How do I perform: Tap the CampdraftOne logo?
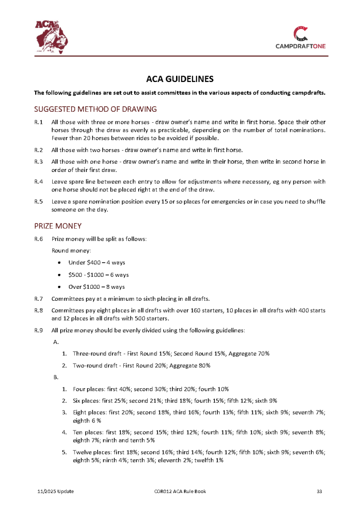301,38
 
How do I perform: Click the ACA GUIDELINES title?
180,79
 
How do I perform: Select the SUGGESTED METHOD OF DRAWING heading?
95,109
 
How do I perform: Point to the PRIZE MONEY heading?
58,226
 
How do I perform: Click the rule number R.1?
38,122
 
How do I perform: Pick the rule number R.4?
38,181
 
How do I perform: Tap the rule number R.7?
38,299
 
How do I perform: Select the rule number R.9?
38,330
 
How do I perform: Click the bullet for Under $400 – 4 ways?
60,262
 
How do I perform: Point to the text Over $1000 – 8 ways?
96,287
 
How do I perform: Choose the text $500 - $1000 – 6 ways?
98,274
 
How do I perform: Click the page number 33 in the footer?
320,492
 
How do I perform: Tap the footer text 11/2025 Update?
56,492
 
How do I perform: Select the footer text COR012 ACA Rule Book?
180,492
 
